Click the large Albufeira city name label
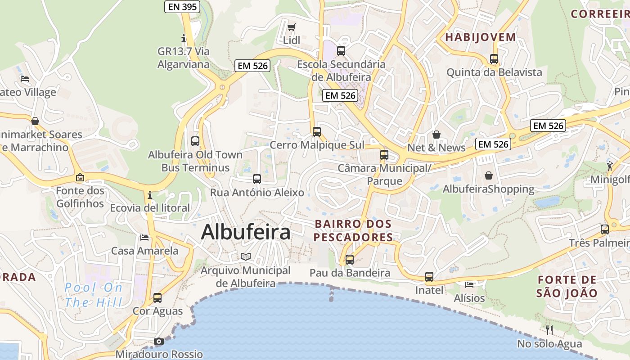click(246, 232)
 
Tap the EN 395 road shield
click(182, 6)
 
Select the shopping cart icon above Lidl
click(292, 28)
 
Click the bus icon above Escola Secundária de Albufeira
click(341, 50)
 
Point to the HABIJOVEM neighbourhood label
click(481, 37)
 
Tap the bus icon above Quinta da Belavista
click(494, 59)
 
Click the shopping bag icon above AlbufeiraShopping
click(489, 175)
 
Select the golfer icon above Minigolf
click(610, 166)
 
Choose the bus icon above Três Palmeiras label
click(605, 229)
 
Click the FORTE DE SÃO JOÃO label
click(567, 287)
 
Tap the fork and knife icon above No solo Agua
click(549, 330)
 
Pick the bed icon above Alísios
click(469, 285)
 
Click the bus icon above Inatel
click(429, 277)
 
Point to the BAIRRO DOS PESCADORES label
click(353, 230)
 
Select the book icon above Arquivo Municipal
click(245, 257)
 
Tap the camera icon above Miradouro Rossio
click(158, 342)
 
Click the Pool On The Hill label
click(93, 295)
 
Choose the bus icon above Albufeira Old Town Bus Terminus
click(195, 141)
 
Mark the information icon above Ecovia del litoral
click(150, 195)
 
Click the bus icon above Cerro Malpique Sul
click(317, 132)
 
